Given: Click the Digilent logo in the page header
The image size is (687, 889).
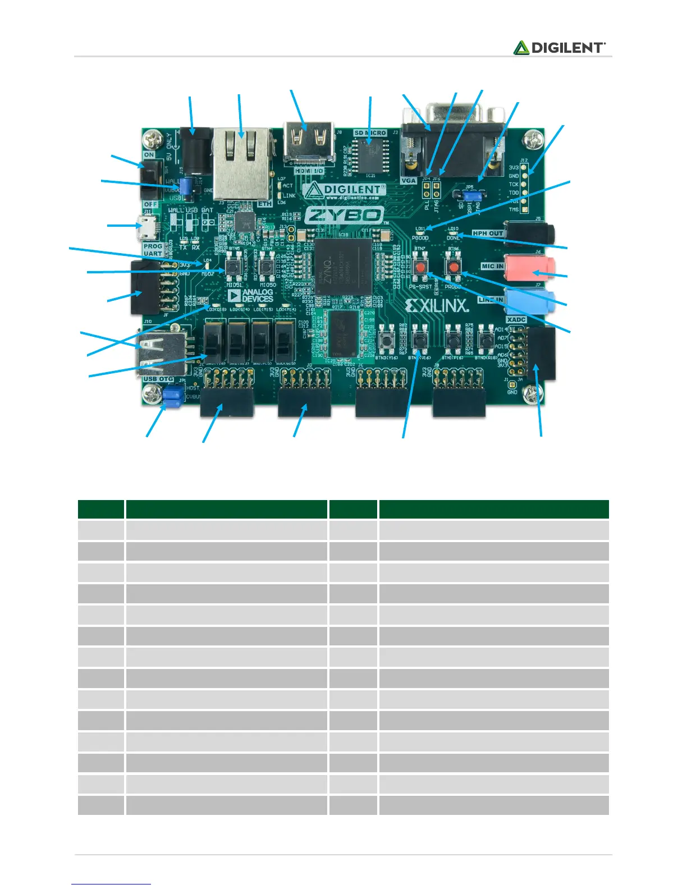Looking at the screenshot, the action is [x=559, y=48].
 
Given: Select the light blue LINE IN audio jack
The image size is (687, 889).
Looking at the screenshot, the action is [x=530, y=300].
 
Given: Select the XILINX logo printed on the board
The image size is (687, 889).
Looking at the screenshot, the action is [x=437, y=305].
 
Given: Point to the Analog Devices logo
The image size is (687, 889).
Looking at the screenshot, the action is [x=251, y=295].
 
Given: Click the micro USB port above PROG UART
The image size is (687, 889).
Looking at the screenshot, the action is [x=149, y=227].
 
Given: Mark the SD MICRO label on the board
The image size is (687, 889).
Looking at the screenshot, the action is [x=370, y=133].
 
